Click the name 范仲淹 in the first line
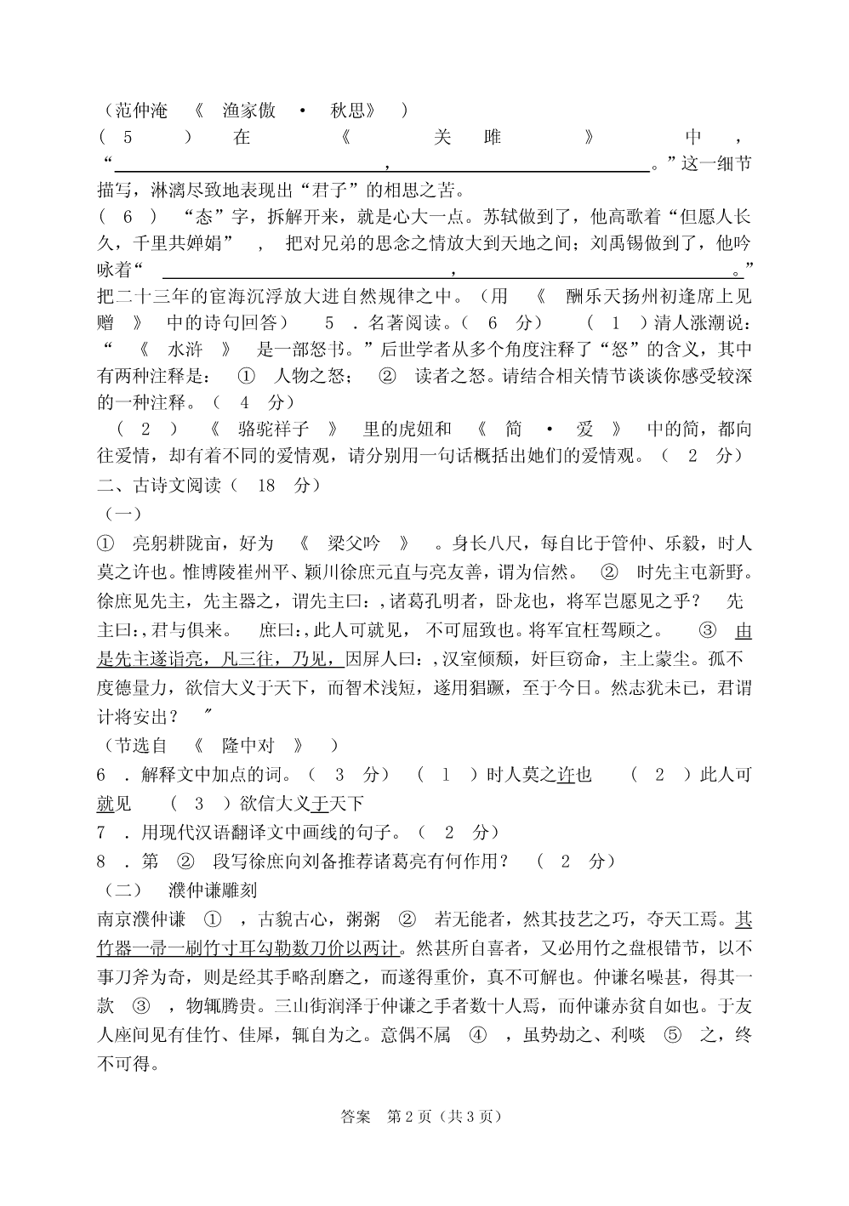(x=141, y=111)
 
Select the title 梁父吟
(x=354, y=543)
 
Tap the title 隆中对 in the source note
(x=249, y=746)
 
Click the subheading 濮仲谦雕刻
(x=213, y=890)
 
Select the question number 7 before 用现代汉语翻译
(x=101, y=832)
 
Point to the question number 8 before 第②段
(x=101, y=861)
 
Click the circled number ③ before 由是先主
(x=708, y=630)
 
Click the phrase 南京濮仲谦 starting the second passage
(x=141, y=919)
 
